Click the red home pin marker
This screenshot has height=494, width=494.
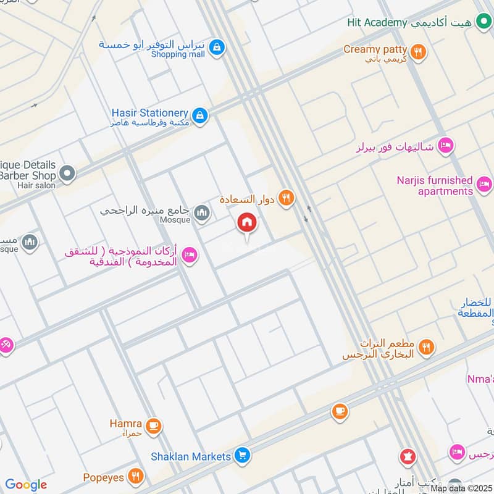coord(248,223)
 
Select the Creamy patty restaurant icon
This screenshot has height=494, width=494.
coord(419,52)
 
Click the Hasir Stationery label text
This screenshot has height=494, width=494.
coord(149,114)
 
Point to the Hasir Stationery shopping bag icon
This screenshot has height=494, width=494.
coord(199,115)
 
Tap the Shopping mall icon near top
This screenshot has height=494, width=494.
coord(216,46)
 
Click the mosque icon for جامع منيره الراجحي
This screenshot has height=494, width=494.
coord(201,214)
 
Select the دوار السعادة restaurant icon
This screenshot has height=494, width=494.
coord(285,198)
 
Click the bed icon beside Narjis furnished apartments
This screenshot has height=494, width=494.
coord(485,184)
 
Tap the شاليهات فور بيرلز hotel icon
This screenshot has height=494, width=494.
coord(445,146)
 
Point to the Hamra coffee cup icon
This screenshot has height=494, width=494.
coord(153,425)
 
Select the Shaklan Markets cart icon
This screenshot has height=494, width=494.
coord(243,456)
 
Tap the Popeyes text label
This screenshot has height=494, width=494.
coord(104,477)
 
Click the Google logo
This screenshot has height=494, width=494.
coord(25,485)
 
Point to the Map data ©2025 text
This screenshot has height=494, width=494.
coord(461,488)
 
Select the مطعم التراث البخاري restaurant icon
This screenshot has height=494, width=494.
coord(425,348)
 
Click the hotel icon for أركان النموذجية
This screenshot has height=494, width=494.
coord(190,254)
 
